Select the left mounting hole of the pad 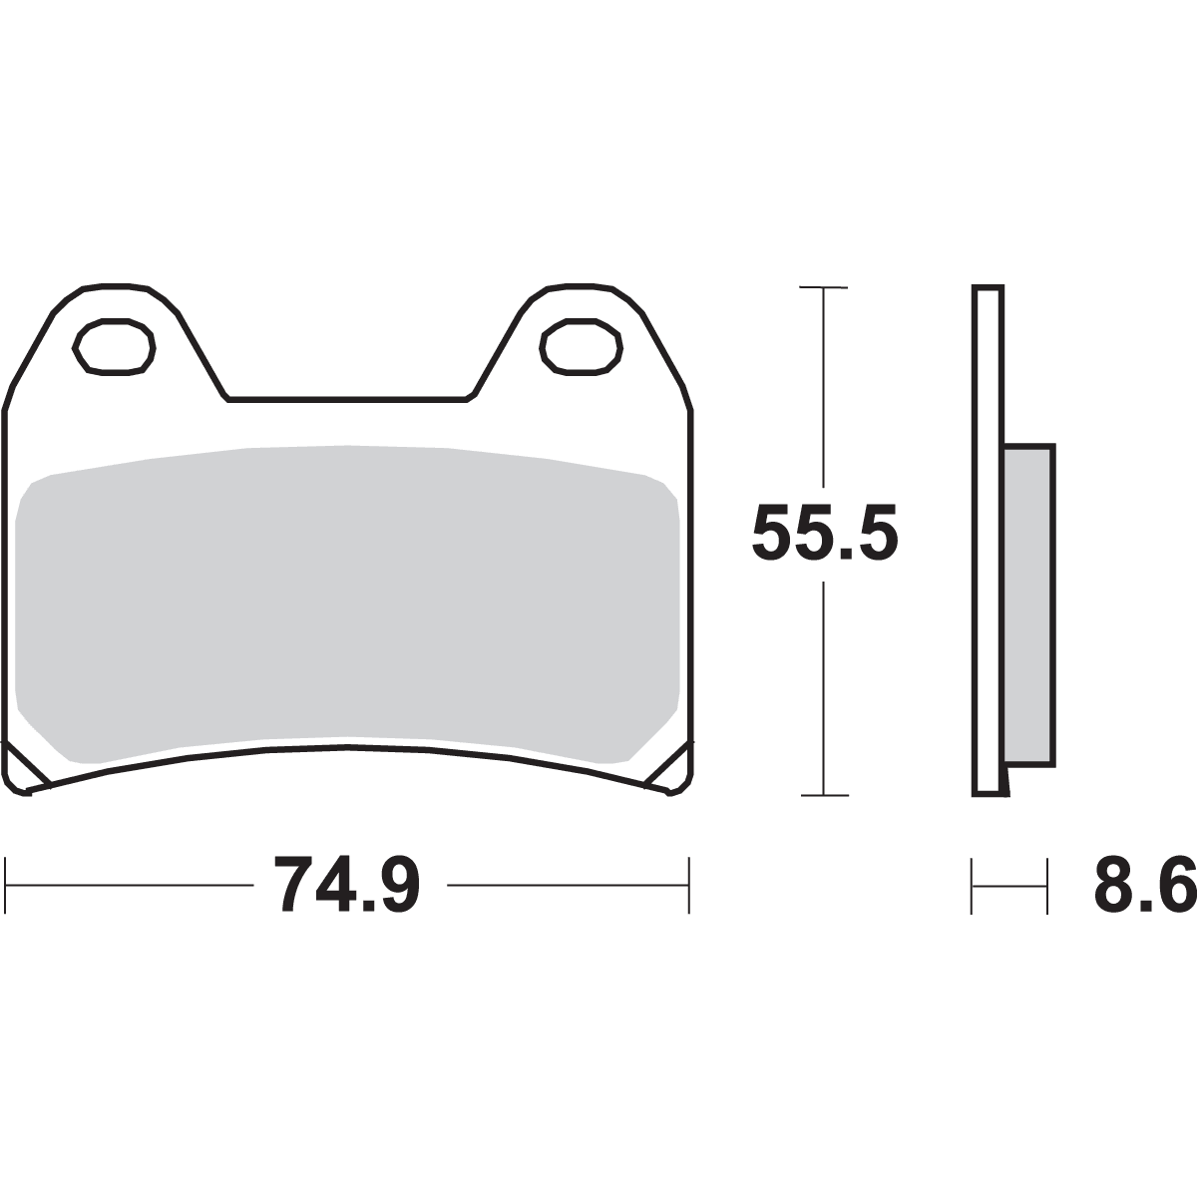point(114,347)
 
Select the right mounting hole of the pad point(581,347)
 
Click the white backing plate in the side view point(988,539)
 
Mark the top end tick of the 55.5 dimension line point(824,289)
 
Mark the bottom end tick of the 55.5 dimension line point(824,795)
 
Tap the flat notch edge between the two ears point(348,400)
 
